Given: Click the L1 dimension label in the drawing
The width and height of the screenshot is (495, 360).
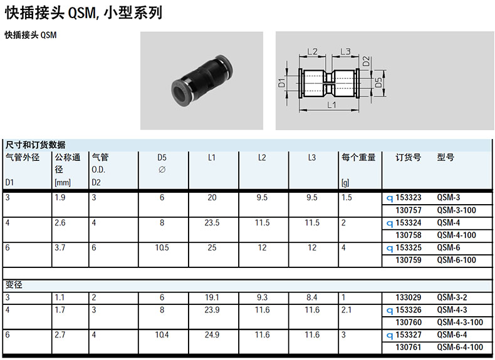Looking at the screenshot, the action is (x=331, y=105).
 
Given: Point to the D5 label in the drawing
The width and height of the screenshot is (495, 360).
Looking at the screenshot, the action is (x=378, y=83).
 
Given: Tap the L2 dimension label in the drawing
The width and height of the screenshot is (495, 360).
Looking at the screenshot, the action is (x=312, y=51).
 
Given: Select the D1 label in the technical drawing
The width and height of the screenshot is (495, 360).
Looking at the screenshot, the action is (x=281, y=83).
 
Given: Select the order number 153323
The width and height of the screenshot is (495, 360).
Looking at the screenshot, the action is (x=409, y=197).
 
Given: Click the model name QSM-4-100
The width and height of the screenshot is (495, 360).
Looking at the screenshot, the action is (x=457, y=235).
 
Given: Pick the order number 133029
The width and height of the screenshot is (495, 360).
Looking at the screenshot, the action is (x=409, y=297).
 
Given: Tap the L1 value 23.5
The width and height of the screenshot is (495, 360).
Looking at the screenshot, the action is (x=212, y=223).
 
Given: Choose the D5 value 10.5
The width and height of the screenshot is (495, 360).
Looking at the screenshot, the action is (x=162, y=248).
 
